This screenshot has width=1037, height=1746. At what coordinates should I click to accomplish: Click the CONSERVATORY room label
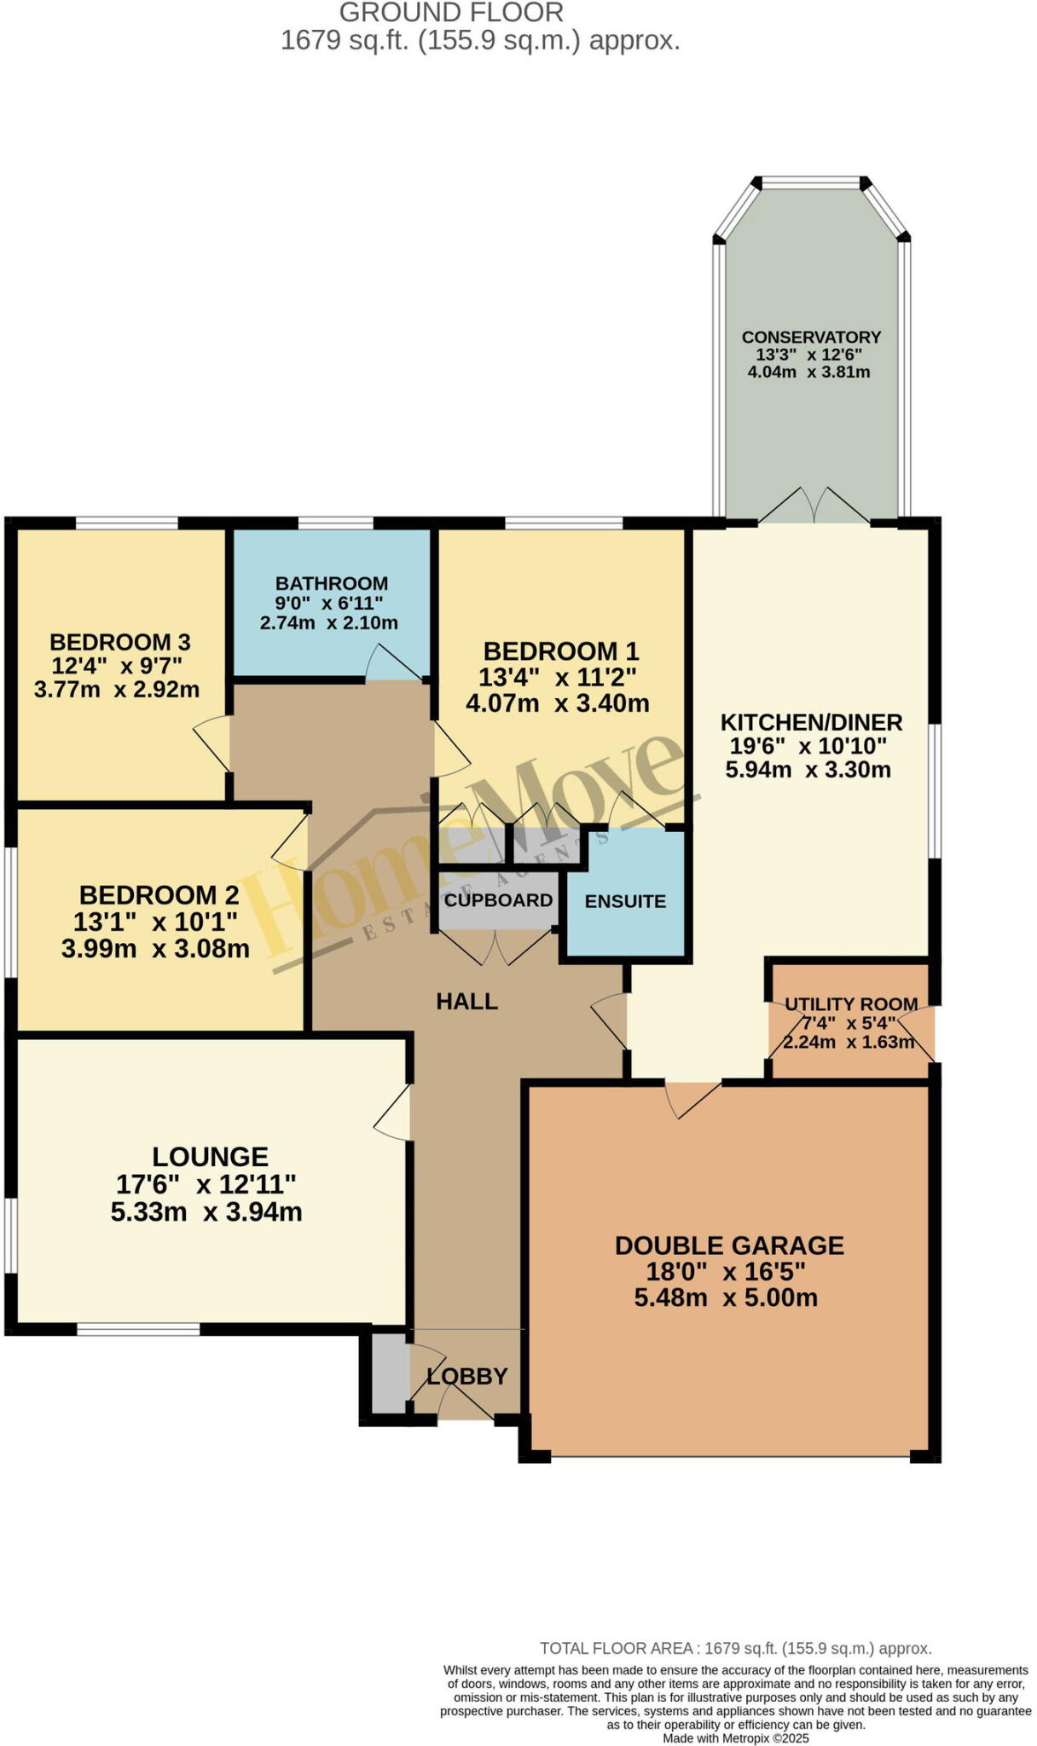point(810,337)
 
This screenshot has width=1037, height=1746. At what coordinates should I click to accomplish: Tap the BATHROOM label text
point(331,584)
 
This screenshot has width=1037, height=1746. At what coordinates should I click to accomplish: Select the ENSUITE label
point(625,901)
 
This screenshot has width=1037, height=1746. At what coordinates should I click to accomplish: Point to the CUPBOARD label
point(498,900)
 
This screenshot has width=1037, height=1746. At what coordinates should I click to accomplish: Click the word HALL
point(466,1002)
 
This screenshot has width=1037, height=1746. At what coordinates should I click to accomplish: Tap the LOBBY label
point(466,1376)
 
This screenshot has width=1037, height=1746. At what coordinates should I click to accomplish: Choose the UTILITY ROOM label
point(850,1004)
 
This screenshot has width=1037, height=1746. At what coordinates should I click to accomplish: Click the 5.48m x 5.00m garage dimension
point(726,1298)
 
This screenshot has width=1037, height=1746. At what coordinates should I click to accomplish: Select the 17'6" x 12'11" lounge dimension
point(206,1184)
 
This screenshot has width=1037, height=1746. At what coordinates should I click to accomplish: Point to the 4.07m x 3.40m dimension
point(558,703)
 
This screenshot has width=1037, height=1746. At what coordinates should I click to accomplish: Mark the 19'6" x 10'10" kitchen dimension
point(808,746)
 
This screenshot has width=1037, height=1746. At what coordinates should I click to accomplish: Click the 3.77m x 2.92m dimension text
point(117,689)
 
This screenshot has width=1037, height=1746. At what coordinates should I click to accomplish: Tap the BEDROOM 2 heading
point(159,895)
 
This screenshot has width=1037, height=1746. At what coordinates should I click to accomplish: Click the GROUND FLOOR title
point(451,13)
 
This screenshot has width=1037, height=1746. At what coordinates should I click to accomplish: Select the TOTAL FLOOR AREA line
point(735,1649)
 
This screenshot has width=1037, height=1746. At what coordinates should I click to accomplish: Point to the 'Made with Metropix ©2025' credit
point(735,1738)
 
